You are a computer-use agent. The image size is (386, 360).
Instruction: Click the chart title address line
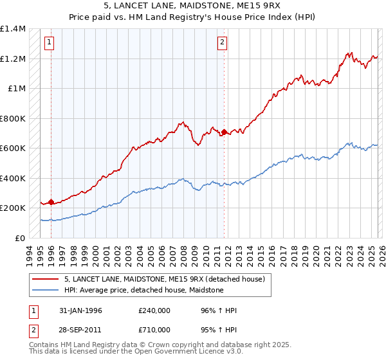click(x=193, y=6)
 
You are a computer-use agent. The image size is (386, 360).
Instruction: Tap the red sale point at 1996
click(x=51, y=203)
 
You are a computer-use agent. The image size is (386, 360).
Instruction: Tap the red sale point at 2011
click(x=224, y=132)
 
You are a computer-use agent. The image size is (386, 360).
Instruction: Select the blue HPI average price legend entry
click(x=143, y=291)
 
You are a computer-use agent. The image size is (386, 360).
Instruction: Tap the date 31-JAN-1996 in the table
click(x=80, y=310)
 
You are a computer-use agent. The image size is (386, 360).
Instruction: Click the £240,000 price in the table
click(x=154, y=310)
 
